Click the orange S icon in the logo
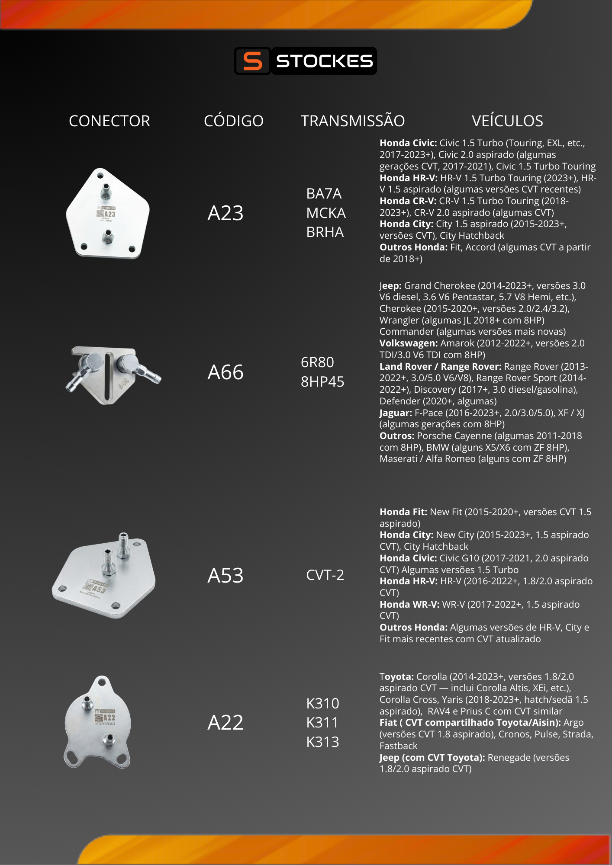[x=252, y=61]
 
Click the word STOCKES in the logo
[x=324, y=61]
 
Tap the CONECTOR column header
[x=110, y=121]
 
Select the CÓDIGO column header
[x=234, y=121]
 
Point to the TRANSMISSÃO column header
[x=353, y=121]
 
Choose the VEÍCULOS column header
[x=507, y=121]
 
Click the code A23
[x=225, y=213]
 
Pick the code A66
[x=225, y=372]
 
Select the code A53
[x=225, y=576]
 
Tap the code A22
[x=225, y=723]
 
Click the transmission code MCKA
[x=326, y=213]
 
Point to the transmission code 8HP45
[x=322, y=382]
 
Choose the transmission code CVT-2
[x=325, y=575]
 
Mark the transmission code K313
[x=323, y=742]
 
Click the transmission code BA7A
[x=324, y=194]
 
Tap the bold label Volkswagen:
[x=409, y=343]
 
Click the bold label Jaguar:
[x=396, y=413]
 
